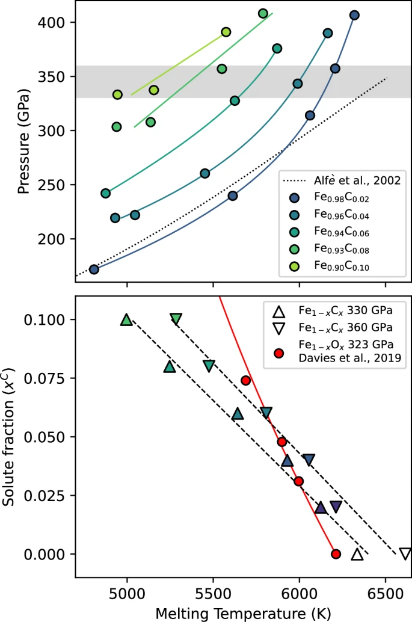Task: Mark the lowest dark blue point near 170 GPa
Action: [x=94, y=269]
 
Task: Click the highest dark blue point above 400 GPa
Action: [x=354, y=15]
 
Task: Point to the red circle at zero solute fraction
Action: [x=336, y=553]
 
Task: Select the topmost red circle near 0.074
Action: [x=245, y=380]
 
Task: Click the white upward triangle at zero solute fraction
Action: [x=357, y=554]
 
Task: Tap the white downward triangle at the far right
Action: [x=405, y=553]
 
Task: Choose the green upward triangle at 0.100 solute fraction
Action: [x=126, y=320]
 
